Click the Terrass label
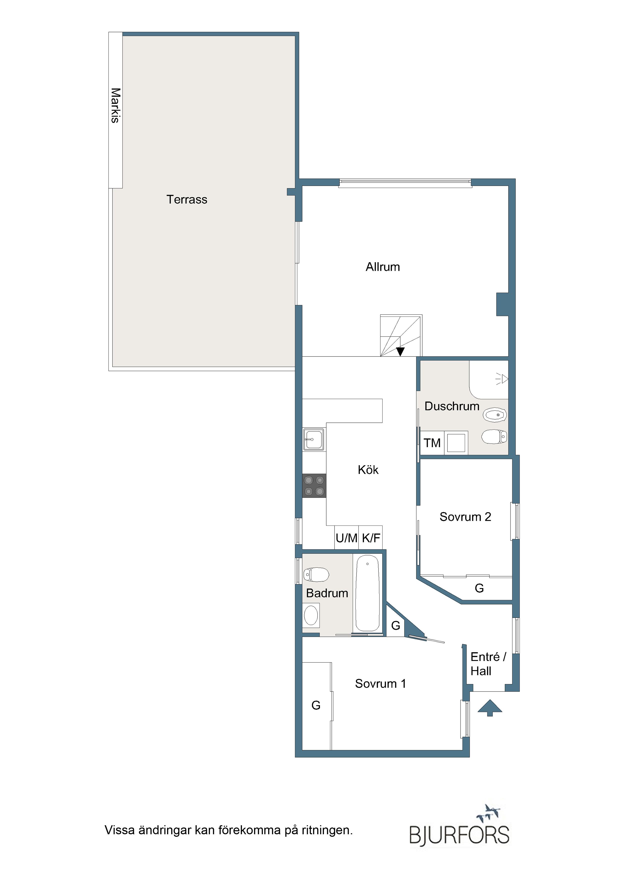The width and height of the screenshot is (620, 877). [x=187, y=199]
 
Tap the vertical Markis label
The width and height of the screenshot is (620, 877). [x=115, y=105]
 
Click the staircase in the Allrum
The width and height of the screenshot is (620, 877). [x=401, y=335]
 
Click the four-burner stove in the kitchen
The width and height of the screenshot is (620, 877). [x=314, y=485]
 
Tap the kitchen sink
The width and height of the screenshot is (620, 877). [x=314, y=439]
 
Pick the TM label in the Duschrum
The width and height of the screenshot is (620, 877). [x=432, y=443]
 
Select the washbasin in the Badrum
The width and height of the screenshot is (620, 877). [x=311, y=616]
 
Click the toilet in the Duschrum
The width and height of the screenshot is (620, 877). [x=494, y=436]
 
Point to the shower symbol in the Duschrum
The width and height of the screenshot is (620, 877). [x=502, y=379]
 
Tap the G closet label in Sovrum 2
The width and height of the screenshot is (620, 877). [x=479, y=588]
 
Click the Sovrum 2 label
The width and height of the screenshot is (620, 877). [x=465, y=517]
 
